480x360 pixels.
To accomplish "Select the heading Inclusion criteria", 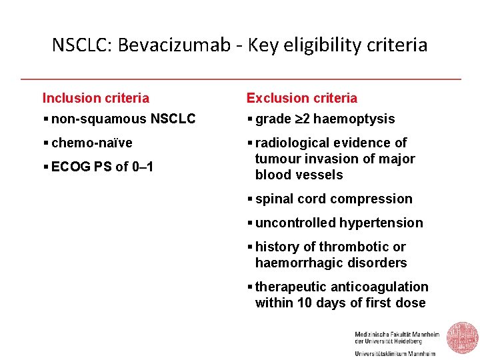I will pos(96,98).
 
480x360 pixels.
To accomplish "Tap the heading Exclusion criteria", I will pos(302,98).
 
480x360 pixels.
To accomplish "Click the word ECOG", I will pos(71,167).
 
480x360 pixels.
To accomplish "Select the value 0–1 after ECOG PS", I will pos(142,167).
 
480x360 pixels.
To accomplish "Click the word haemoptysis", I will pos(353,119).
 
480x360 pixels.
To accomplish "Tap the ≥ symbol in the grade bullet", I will pos(297,119).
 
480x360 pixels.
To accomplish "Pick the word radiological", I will pos(293,143).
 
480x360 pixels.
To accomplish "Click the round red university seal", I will pos(462,338).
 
